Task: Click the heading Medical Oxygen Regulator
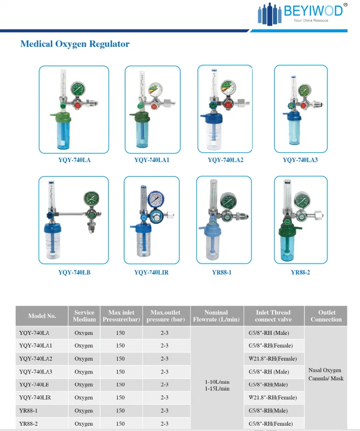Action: click(x=75, y=44)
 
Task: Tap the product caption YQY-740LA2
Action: click(x=225, y=160)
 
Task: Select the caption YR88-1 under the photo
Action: click(x=222, y=272)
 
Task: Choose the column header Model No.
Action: click(x=42, y=316)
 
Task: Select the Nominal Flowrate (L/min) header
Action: click(x=216, y=316)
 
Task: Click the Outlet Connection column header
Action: click(x=326, y=316)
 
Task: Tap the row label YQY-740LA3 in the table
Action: click(x=36, y=372)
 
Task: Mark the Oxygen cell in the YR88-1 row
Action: click(x=84, y=411)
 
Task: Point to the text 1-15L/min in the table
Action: click(x=216, y=389)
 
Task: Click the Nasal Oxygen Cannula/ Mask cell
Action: click(x=325, y=374)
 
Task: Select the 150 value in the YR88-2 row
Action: click(x=120, y=424)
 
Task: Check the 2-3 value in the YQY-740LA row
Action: click(x=165, y=333)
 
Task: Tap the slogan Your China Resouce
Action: click(x=311, y=21)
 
